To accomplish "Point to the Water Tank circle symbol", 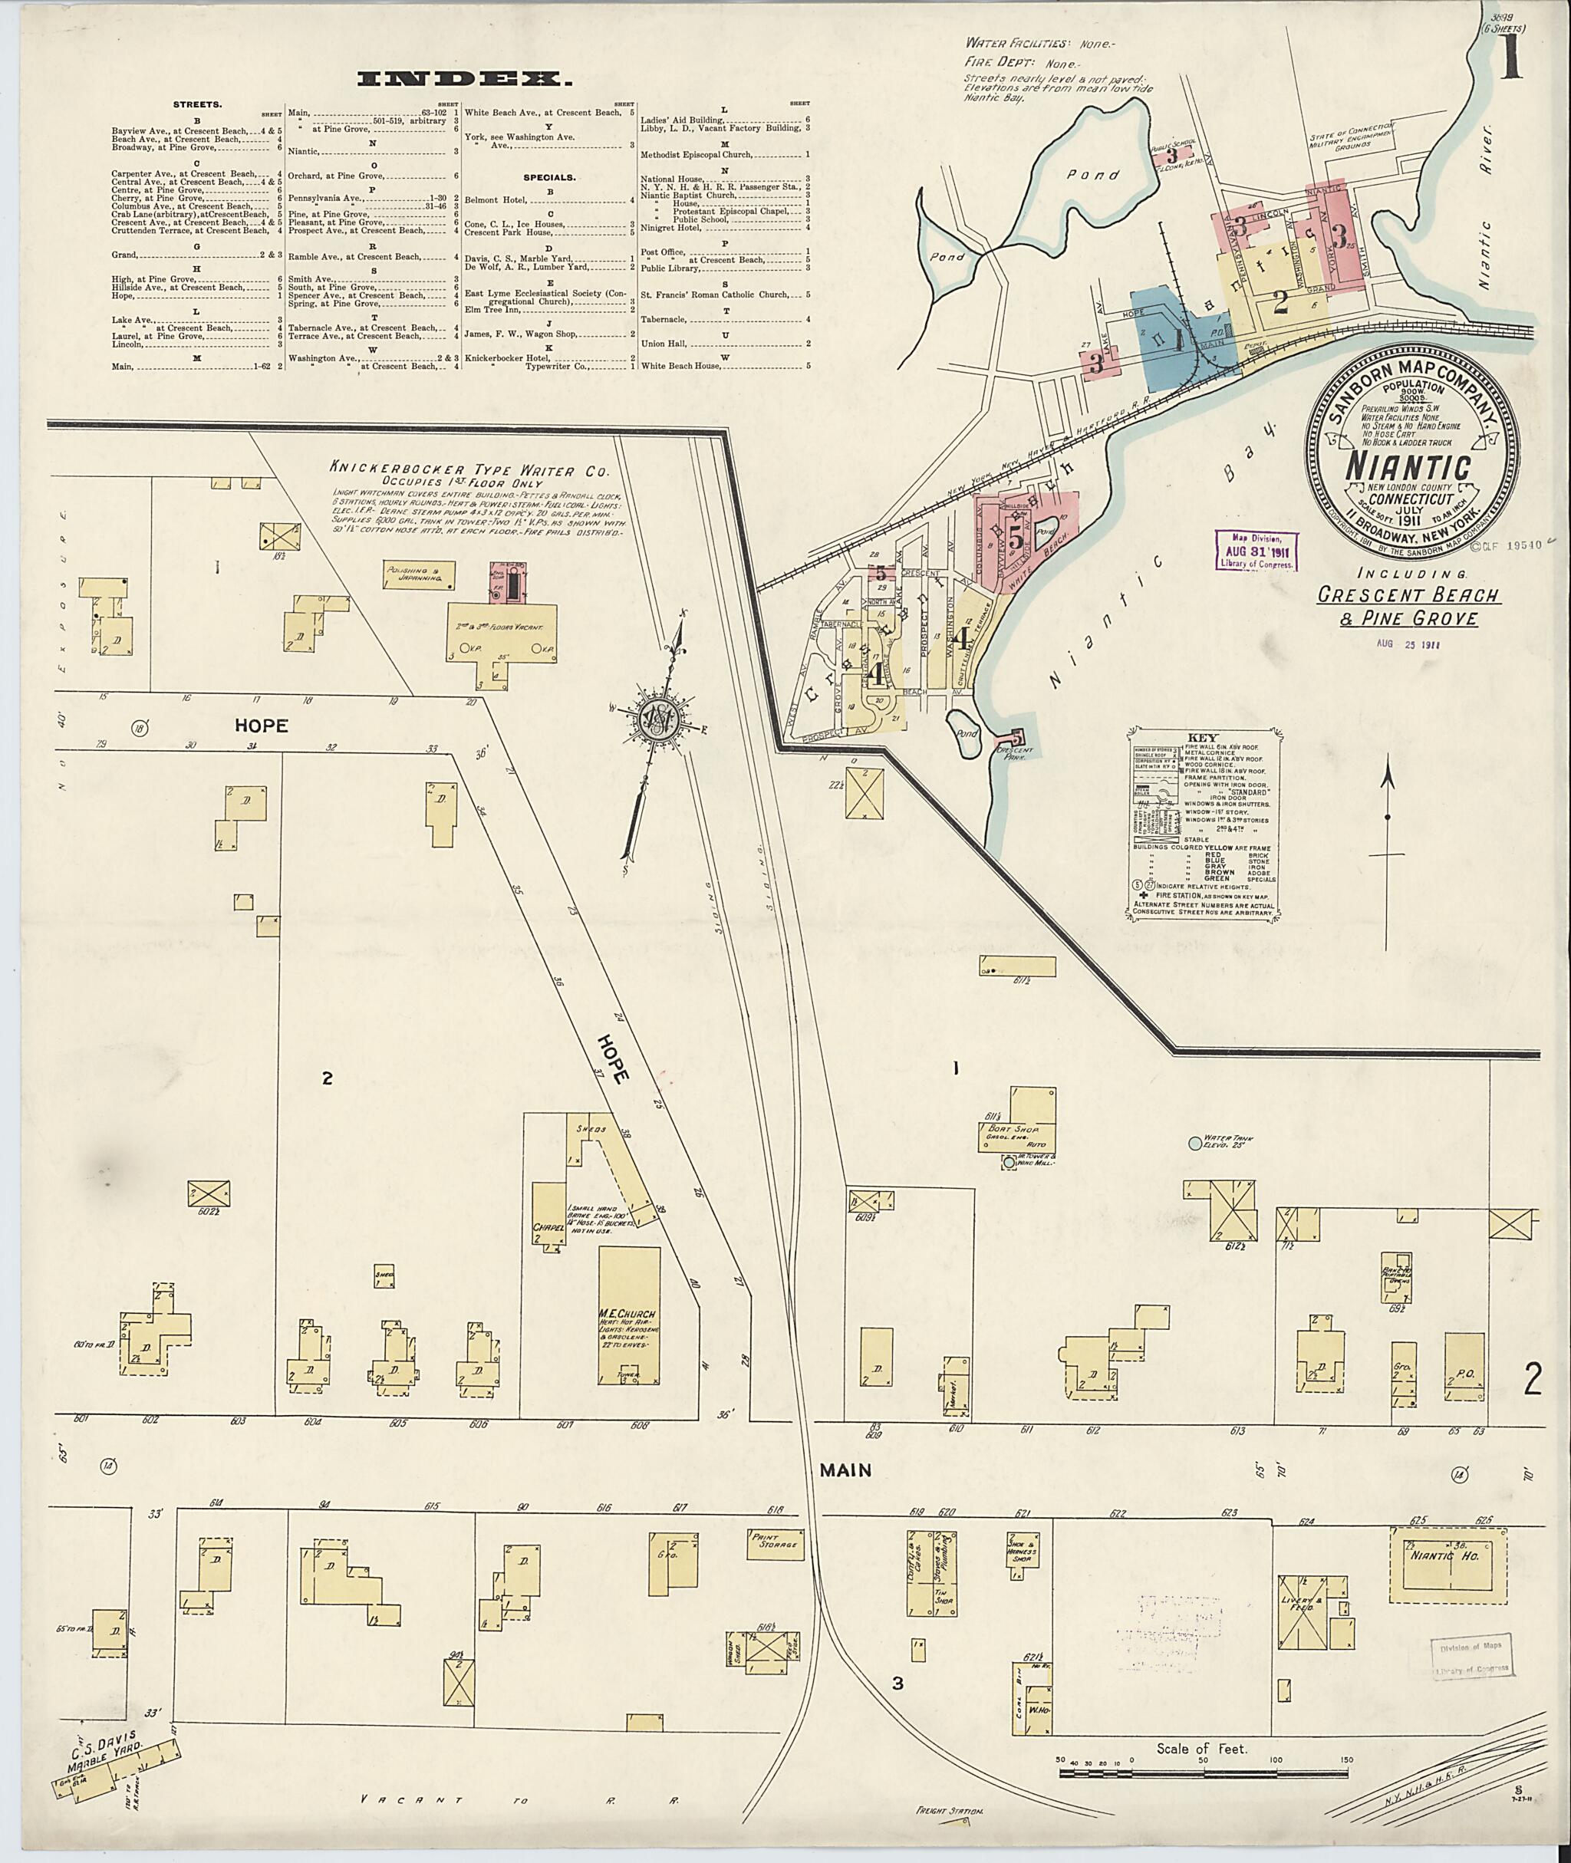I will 1194,1143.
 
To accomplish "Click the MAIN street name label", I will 845,1470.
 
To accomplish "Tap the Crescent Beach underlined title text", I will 1409,595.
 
